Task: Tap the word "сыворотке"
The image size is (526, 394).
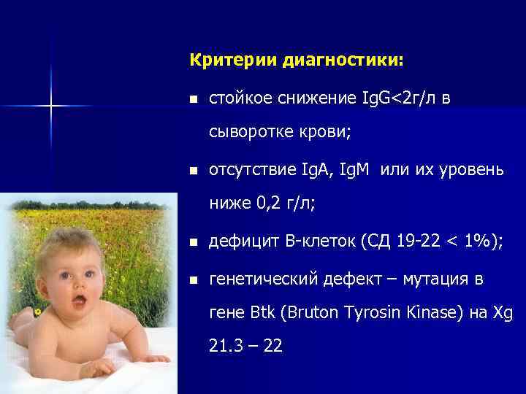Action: point(248,133)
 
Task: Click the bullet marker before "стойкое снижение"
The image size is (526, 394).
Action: point(192,98)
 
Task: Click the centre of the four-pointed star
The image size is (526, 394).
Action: point(51,107)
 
